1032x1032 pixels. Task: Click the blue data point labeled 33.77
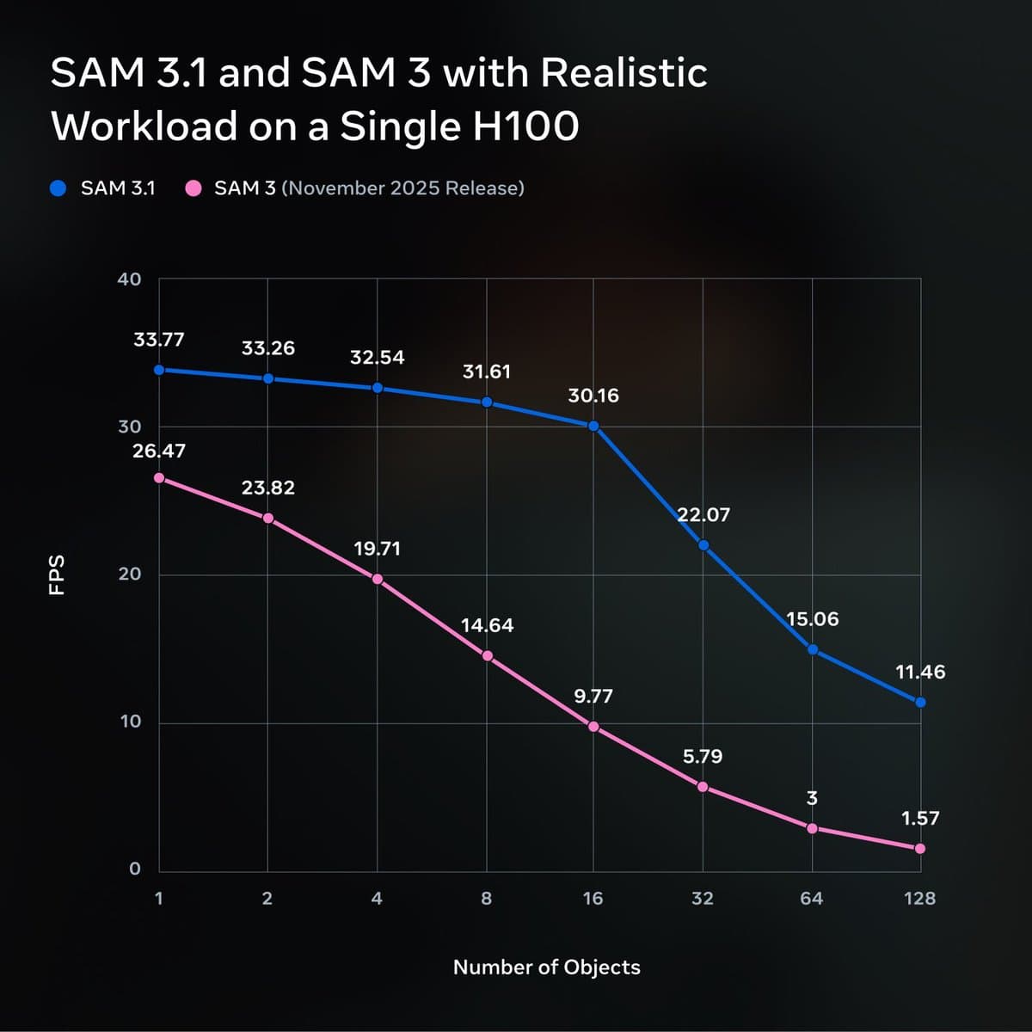[x=159, y=370]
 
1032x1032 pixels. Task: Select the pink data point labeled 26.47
[x=159, y=478]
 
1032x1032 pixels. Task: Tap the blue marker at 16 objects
[x=593, y=426]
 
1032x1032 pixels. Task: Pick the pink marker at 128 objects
[x=920, y=849]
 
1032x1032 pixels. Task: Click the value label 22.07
[x=703, y=515]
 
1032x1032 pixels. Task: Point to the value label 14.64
[x=487, y=626]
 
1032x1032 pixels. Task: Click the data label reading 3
[x=812, y=799]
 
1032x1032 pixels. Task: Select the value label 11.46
[x=920, y=673]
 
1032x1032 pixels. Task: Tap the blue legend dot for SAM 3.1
[x=58, y=188]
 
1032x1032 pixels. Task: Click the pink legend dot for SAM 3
[x=194, y=188]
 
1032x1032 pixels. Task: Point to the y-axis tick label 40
[x=129, y=279]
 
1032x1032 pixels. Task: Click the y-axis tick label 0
[x=135, y=869]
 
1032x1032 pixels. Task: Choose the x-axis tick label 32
[x=703, y=899]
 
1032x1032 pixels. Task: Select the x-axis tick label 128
[x=920, y=899]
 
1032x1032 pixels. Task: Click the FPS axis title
[x=58, y=574]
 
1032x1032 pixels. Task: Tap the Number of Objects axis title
[x=547, y=967]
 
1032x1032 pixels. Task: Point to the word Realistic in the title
[x=623, y=73]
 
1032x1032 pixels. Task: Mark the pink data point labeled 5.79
[x=703, y=787]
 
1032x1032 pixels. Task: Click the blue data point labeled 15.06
[x=812, y=649]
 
